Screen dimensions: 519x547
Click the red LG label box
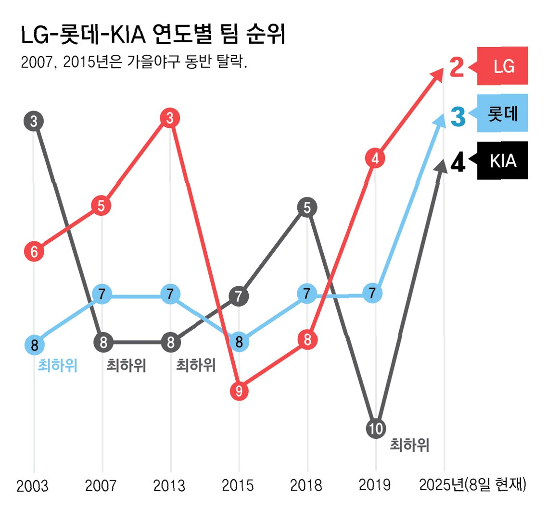click(502, 66)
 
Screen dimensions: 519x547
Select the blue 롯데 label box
click(502, 114)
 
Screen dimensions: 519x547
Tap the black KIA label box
click(502, 161)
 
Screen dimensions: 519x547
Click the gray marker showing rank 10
click(375, 428)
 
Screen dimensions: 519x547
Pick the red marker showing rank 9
click(239, 391)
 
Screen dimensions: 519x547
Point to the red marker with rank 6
click(34, 251)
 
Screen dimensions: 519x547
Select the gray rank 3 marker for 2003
click(34, 121)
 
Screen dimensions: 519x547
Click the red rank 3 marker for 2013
click(170, 118)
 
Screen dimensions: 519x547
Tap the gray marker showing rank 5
click(307, 208)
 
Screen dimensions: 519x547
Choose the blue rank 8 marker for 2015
click(239, 342)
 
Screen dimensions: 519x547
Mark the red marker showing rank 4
click(376, 158)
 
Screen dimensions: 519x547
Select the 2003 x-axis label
click(33, 486)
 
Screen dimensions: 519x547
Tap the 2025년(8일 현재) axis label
click(473, 485)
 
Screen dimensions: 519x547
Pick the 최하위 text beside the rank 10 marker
click(409, 445)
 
